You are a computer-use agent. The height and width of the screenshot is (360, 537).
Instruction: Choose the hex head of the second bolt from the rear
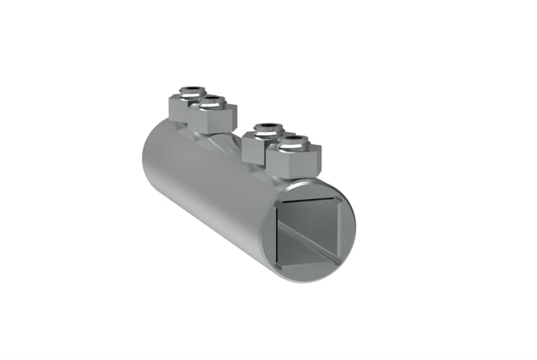click(x=212, y=117)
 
